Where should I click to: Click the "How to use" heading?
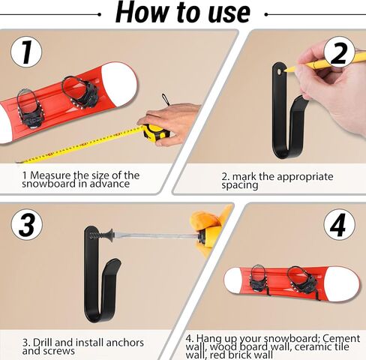pos(183,12)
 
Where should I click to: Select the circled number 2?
pos(339,52)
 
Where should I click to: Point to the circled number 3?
pos(27,224)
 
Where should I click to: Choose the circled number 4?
pos(339,224)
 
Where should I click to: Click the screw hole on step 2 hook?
pos(279,72)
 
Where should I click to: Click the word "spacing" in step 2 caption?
pos(240,185)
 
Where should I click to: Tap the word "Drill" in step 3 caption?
pos(43,342)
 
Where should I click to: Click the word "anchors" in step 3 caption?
pos(125,342)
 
